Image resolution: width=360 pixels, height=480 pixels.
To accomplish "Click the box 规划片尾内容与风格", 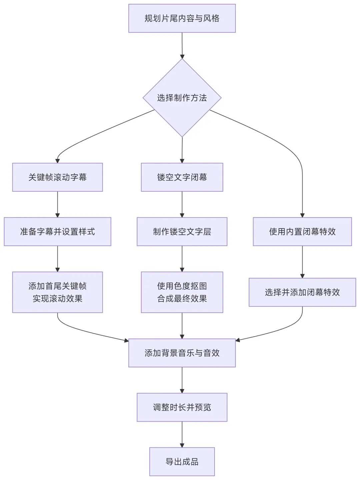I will coord(182,18).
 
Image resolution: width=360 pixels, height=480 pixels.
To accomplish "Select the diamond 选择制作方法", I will coord(182,98).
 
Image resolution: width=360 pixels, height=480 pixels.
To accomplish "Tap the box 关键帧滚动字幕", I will coord(57,177).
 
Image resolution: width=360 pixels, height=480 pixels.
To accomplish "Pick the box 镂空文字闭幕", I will coord(182,177).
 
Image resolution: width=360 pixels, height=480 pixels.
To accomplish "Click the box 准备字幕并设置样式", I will coord(57,232).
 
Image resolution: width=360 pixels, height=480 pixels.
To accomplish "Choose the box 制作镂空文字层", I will coord(182,232).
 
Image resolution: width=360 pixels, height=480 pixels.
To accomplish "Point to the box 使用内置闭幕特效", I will coord(302,232).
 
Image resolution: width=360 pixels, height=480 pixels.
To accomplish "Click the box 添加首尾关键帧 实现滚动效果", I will coord(57,292).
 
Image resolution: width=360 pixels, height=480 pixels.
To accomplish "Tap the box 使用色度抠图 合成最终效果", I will coord(182,292).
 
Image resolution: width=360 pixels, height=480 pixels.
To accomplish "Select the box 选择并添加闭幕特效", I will coord(302,292).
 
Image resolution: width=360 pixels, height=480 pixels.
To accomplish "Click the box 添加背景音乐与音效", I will coord(182,353).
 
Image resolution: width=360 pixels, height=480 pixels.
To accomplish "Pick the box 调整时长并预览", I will coord(182,407).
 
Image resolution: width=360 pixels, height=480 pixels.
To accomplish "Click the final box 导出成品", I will coord(182,461).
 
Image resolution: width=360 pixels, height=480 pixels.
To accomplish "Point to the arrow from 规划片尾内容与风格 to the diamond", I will coord(182,46).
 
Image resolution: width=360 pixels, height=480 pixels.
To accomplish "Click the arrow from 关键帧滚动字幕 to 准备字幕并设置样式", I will coord(57,204).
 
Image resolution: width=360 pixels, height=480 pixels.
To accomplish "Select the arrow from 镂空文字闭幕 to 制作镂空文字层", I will coord(182,204).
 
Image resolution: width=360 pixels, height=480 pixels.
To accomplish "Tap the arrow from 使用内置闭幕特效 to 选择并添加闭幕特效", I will coord(302,262).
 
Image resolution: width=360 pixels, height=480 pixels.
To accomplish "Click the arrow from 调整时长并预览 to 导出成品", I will coord(182,434).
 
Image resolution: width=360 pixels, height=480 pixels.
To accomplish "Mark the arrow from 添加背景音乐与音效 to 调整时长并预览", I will coord(182,380).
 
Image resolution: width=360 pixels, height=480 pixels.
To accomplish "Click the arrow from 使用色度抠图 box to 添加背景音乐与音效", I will coord(182,325).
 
